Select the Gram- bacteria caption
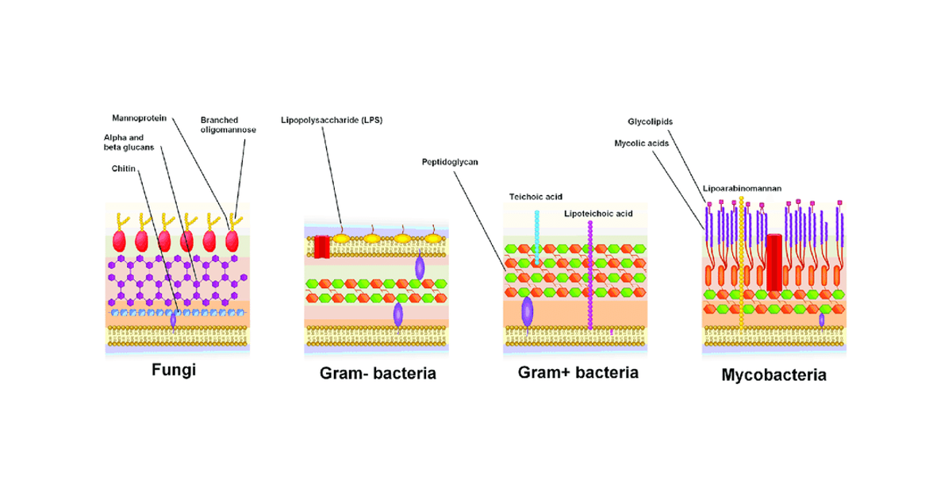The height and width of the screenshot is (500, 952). tap(378, 373)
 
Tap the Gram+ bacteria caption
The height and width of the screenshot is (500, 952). tap(578, 372)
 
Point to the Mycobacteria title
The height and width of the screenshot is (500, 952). tap(773, 375)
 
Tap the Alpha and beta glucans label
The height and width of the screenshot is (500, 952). tap(128, 142)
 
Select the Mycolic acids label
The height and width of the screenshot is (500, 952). tap(642, 144)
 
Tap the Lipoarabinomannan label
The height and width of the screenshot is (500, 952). tap(742, 189)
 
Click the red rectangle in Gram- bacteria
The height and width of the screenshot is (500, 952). tap(321, 247)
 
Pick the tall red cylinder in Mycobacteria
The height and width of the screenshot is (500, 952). tap(773, 262)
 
